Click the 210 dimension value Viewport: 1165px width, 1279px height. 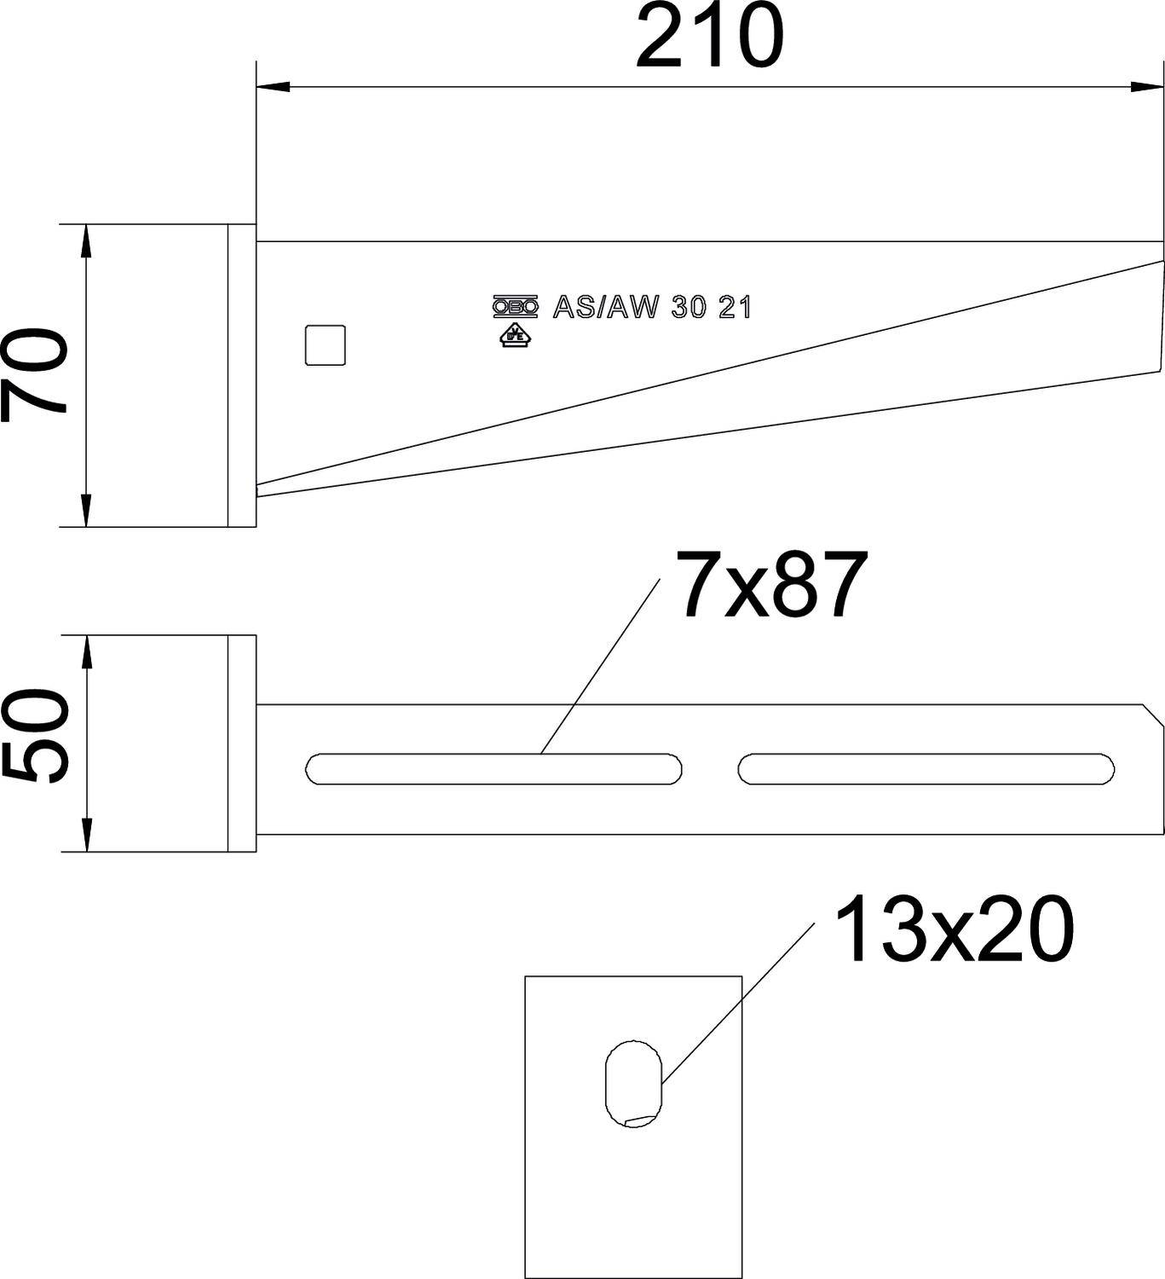pyautogui.click(x=709, y=38)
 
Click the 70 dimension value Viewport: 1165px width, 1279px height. pyautogui.click(x=34, y=376)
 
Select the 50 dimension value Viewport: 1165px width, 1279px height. pyautogui.click(x=34, y=737)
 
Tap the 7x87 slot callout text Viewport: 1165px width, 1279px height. pyautogui.click(x=772, y=585)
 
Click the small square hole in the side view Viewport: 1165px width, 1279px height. pyautogui.click(x=325, y=345)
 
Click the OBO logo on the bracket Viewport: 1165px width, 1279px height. pyautogui.click(x=516, y=307)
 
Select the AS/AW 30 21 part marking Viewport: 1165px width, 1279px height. pyautogui.click(x=652, y=307)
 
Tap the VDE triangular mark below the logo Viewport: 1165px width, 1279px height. pyautogui.click(x=516, y=334)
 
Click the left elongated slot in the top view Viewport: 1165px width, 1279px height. pyautogui.click(x=493, y=768)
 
